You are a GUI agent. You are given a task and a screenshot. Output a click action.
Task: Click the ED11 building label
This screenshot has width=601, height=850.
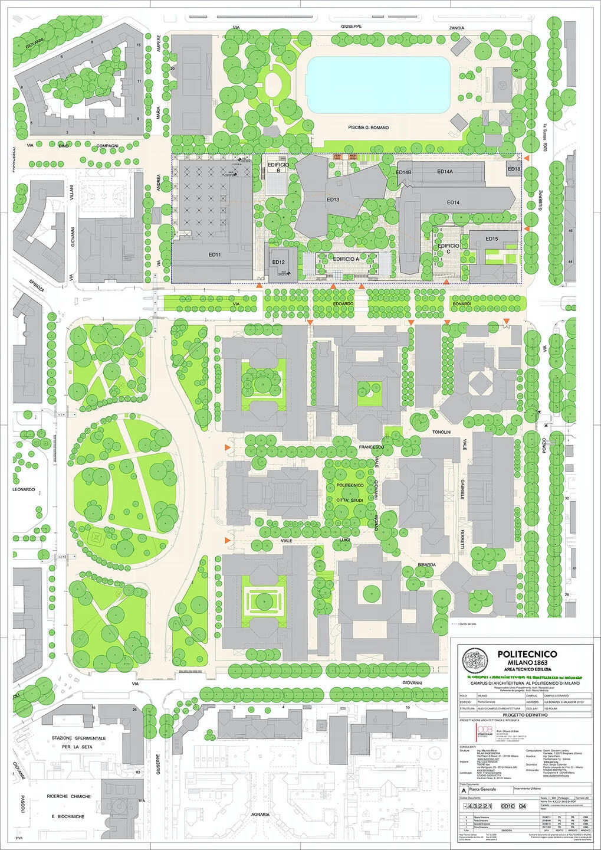(x=214, y=255)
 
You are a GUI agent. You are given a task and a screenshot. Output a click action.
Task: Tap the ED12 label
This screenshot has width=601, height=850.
(x=278, y=262)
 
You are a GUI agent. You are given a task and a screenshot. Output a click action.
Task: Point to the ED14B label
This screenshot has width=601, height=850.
(x=403, y=172)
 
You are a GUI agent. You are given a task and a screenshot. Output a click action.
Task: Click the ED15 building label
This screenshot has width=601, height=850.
(x=491, y=238)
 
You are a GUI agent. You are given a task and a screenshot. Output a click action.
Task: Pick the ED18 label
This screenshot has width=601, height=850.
(x=514, y=169)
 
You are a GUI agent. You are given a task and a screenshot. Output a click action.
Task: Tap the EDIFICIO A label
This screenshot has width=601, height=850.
(x=346, y=259)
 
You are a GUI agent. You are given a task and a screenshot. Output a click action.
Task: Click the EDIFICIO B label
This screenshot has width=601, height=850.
(x=278, y=168)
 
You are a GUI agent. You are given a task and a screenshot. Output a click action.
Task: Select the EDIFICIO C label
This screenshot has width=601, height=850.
(x=448, y=249)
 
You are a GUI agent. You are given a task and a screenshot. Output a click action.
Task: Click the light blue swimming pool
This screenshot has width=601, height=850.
(x=378, y=85)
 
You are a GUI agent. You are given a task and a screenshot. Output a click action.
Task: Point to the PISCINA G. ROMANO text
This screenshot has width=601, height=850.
(x=368, y=127)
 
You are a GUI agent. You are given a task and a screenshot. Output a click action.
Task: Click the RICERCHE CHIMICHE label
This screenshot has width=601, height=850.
(x=69, y=796)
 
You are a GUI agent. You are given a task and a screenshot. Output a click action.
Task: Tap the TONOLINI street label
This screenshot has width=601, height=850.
(x=442, y=432)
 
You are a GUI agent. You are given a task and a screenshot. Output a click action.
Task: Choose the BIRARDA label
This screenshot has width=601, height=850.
(x=426, y=565)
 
